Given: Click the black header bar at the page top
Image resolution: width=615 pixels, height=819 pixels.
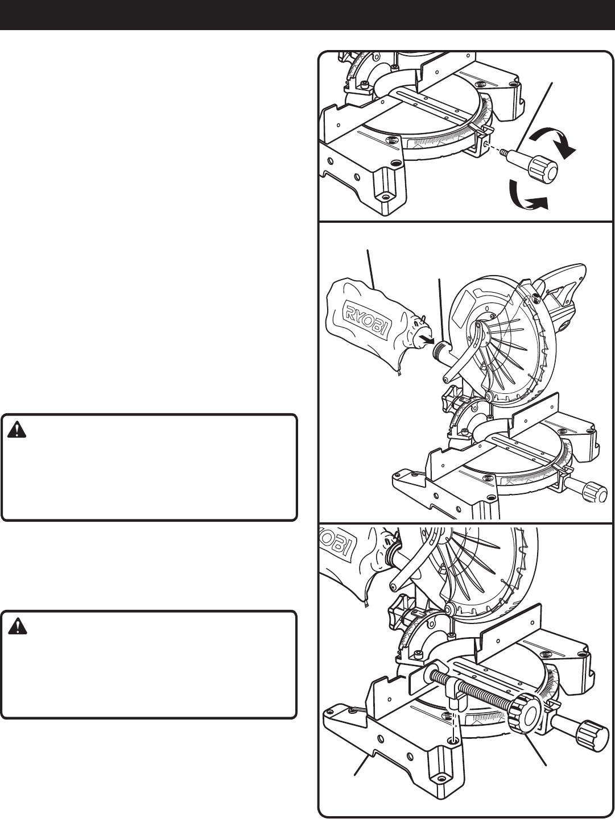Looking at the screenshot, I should point(307,15).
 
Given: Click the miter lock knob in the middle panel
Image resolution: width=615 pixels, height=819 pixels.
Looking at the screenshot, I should point(595,490).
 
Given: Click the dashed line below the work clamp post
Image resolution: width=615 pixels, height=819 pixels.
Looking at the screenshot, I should point(453,727).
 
